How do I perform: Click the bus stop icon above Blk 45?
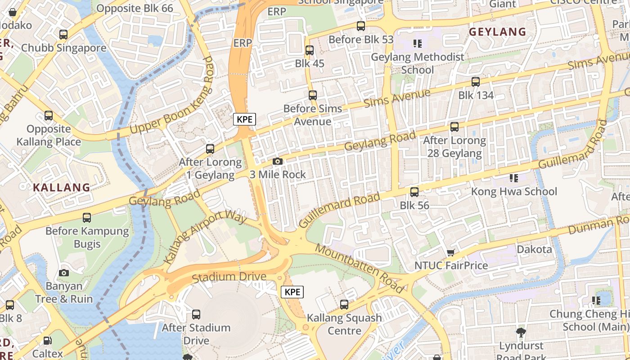[310, 50]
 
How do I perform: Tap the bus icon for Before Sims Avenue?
[313, 95]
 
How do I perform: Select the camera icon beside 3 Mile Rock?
[278, 162]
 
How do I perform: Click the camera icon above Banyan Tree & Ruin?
[64, 273]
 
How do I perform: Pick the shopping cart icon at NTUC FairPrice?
[450, 253]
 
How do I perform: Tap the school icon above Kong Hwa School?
[513, 178]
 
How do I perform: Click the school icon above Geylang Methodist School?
[417, 44]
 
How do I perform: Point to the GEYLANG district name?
[497, 31]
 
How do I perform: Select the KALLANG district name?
[62, 188]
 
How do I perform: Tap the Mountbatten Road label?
[359, 268]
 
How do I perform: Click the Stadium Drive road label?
[229, 277]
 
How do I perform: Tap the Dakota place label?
[534, 249]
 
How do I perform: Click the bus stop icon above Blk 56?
[414, 192]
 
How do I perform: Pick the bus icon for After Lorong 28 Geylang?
[454, 127]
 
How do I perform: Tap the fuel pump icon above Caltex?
[48, 341]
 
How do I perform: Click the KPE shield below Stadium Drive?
[292, 292]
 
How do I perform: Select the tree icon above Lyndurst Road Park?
[521, 333]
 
